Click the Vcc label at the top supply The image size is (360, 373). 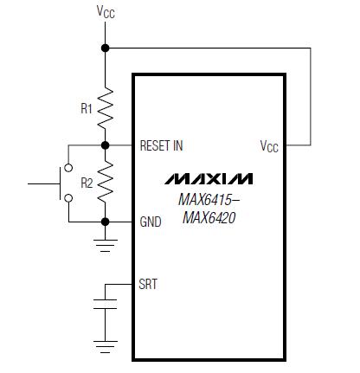click(106, 12)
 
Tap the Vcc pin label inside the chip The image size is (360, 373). click(269, 146)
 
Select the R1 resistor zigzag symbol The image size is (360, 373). click(106, 107)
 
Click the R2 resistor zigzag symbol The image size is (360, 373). click(106, 182)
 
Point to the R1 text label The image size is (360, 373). click(87, 108)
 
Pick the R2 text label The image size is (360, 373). click(87, 183)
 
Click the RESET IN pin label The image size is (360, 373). click(161, 145)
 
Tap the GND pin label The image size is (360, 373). click(151, 222)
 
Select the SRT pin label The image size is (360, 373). click(148, 284)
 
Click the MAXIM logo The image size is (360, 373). click(209, 179)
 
